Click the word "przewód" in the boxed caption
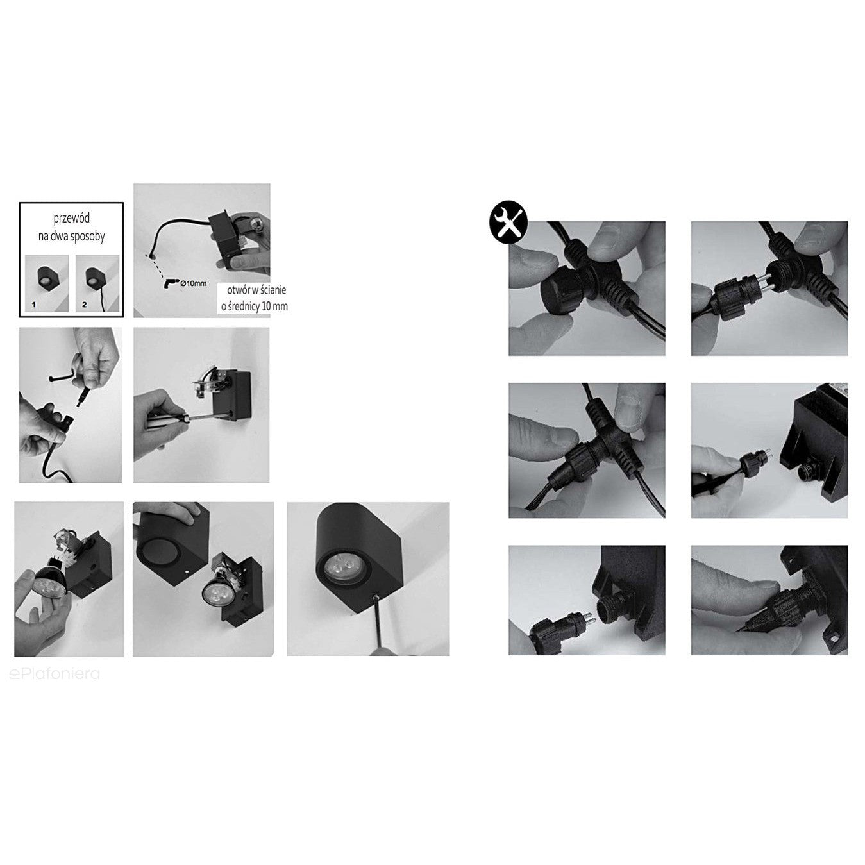point(72,219)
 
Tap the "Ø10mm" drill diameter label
point(193,283)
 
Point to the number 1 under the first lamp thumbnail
point(34,305)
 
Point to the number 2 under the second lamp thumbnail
point(84,305)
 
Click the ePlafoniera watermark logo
point(55,674)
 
